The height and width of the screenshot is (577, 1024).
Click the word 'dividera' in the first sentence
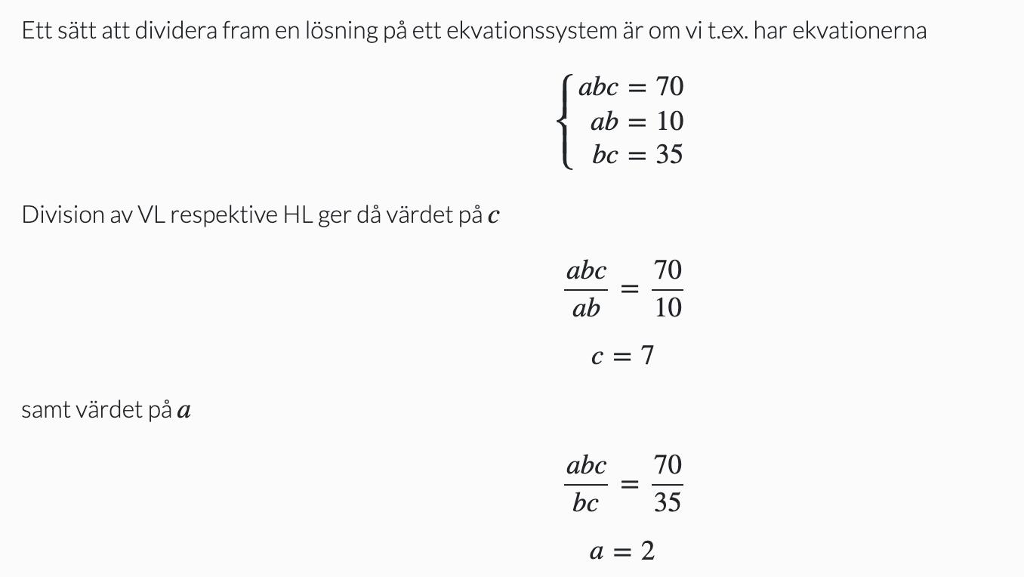(176, 31)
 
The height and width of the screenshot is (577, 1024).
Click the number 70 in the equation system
(669, 87)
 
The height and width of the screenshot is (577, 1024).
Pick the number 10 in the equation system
(669, 121)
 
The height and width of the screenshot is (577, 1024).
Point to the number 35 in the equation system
(669, 154)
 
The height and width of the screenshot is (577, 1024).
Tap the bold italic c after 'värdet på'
(494, 216)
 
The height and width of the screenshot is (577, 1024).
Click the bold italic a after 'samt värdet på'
(184, 411)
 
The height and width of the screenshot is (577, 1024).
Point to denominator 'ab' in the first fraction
(586, 307)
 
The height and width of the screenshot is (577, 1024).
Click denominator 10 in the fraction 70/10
(668, 307)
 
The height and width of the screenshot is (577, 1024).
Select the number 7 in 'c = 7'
(647, 355)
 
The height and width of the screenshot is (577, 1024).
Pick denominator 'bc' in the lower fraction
(585, 502)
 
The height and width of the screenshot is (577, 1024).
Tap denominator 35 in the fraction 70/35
(668, 502)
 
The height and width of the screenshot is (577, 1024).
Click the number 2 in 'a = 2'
(648, 551)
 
